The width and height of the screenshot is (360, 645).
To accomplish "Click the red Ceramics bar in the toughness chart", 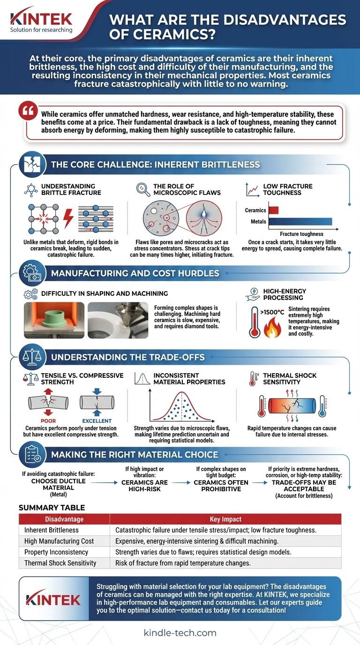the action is pyautogui.click(x=273, y=210).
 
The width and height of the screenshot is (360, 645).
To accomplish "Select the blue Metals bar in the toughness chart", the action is pyautogui.click(x=300, y=221).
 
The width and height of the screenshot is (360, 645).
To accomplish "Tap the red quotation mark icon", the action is pyautogui.click(x=28, y=111).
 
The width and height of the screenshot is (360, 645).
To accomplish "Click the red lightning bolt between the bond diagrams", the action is pyautogui.click(x=68, y=218).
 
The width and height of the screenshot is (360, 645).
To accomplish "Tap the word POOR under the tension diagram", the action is pyautogui.click(x=48, y=420).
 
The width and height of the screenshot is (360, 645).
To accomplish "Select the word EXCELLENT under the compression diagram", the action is pyautogui.click(x=97, y=420).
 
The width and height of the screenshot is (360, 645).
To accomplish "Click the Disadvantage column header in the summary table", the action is pyautogui.click(x=64, y=519).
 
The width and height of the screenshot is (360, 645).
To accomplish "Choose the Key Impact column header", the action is pyautogui.click(x=225, y=519).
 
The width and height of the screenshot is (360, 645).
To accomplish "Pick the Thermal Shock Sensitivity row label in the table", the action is pyautogui.click(x=60, y=563).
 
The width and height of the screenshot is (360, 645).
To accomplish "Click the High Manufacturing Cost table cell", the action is pyautogui.click(x=59, y=541).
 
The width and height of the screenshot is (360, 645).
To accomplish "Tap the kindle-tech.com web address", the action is pyautogui.click(x=180, y=633).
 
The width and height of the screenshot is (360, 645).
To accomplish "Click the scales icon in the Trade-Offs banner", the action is pyautogui.click(x=32, y=357).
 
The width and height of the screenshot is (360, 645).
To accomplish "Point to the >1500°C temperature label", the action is pyautogui.click(x=272, y=312).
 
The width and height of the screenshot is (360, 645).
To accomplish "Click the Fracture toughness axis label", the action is pyautogui.click(x=301, y=234).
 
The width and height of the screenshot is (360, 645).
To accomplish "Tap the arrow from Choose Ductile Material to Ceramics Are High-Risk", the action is pyautogui.click(x=104, y=482).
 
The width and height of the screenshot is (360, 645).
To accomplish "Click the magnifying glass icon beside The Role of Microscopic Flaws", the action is pyautogui.click(x=143, y=190).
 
